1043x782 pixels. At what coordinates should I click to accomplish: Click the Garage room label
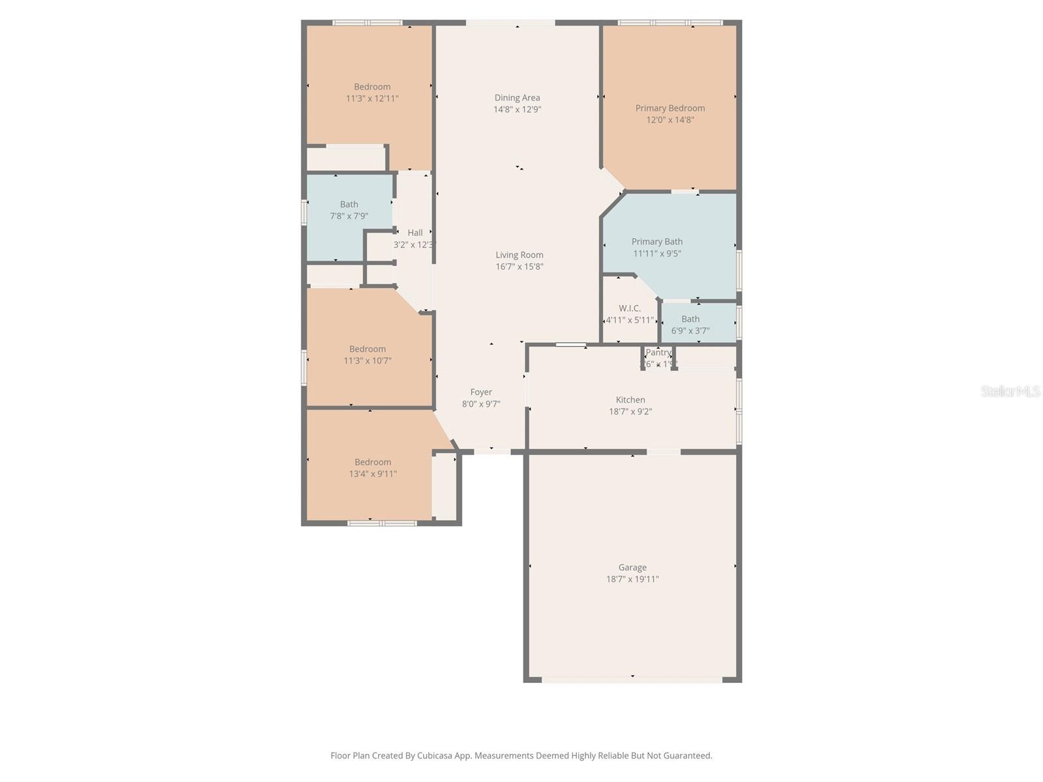coord(632,567)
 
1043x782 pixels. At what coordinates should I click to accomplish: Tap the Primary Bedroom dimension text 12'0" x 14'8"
coord(670,120)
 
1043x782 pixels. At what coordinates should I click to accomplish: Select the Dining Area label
coord(517,98)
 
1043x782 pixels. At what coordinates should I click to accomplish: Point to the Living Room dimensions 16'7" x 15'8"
coord(519,267)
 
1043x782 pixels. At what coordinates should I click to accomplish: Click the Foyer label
coord(481,392)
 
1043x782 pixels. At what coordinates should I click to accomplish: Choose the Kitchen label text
coord(630,399)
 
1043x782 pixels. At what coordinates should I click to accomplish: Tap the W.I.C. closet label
coord(630,308)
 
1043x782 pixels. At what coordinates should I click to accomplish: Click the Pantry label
coord(658,353)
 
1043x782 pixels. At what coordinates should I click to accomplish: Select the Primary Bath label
coord(657,241)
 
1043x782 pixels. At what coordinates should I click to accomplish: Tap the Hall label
coord(415,233)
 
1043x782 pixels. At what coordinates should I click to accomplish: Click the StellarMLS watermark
coord(1010,391)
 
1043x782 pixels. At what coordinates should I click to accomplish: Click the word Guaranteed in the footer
coord(687,756)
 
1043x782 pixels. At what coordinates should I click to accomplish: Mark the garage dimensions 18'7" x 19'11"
coord(632,579)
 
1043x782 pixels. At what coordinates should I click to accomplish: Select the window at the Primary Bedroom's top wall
coord(670,23)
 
